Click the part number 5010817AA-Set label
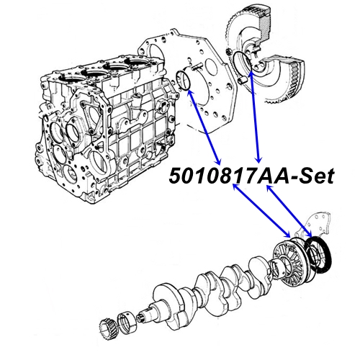click(x=252, y=175)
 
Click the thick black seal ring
click(x=318, y=256)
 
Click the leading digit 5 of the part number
click(x=177, y=175)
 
